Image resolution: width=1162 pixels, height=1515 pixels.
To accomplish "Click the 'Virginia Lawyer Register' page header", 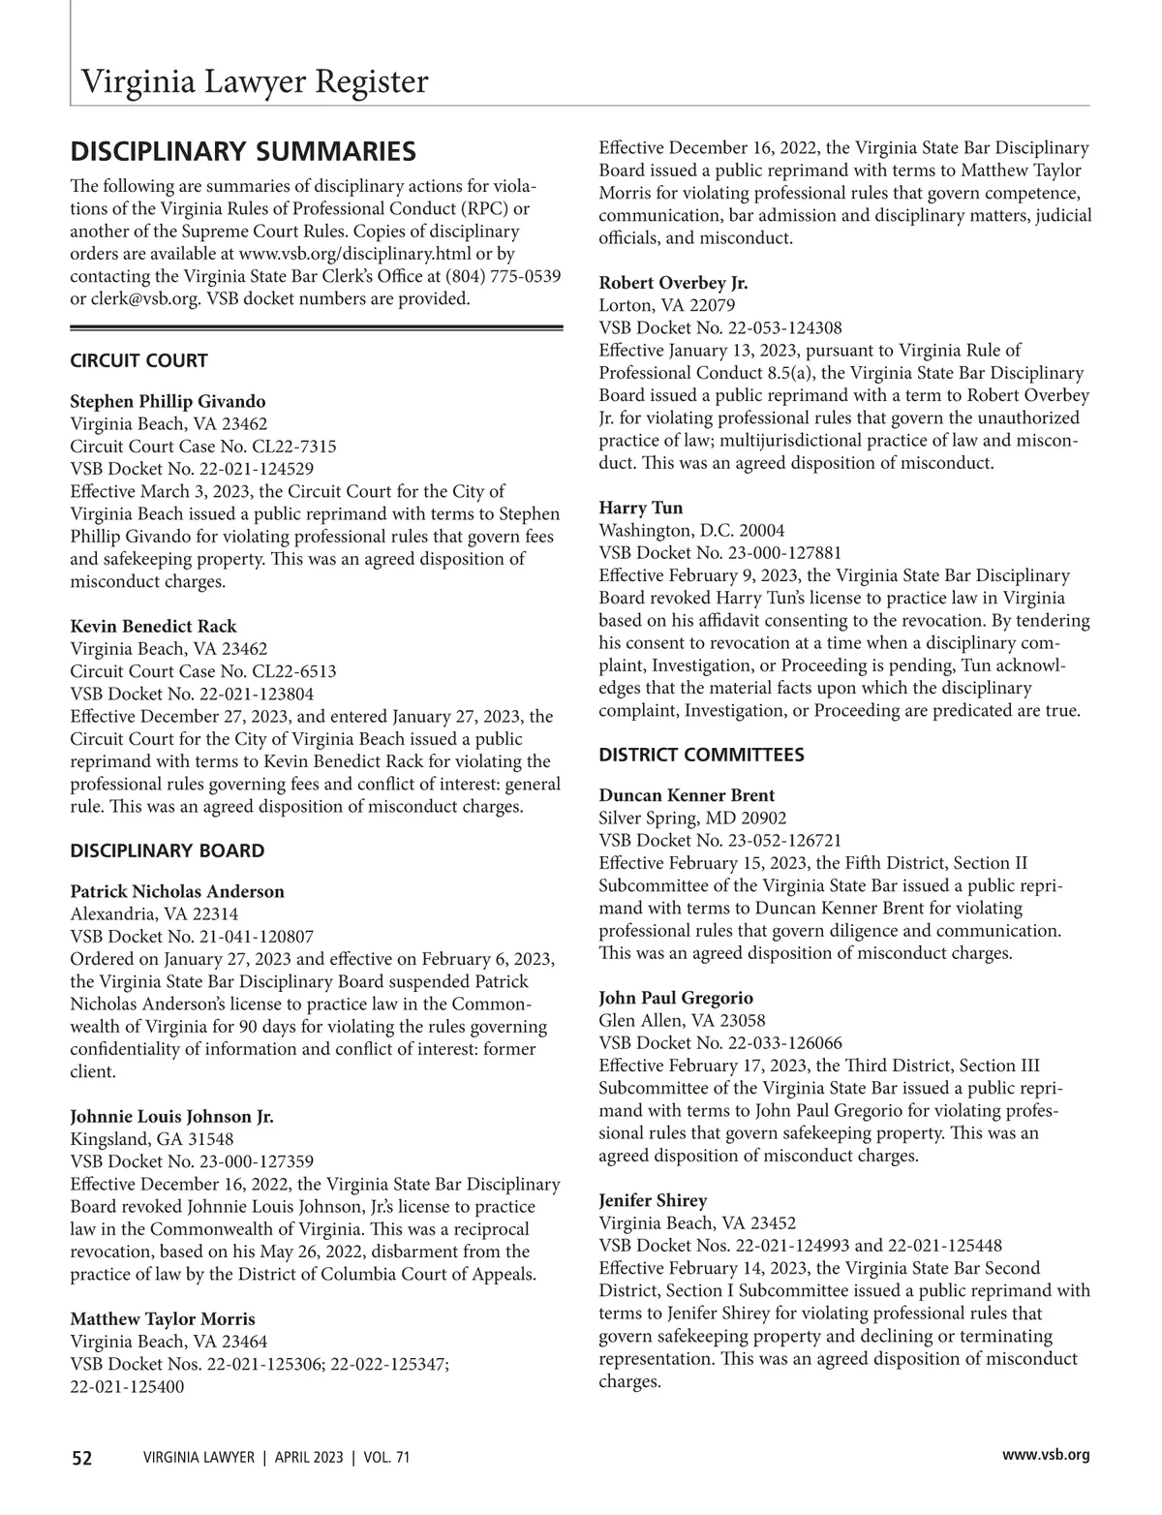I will pos(254,81).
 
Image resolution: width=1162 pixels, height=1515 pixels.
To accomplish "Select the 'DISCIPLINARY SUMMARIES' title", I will pos(243,152).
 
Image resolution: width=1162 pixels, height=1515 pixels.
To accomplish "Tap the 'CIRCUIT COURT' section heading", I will pos(138,361).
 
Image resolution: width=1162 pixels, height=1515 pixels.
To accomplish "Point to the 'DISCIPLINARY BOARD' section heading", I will pos(167,851).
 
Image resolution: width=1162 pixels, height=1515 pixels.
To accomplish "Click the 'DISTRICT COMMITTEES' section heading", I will pos(701,755).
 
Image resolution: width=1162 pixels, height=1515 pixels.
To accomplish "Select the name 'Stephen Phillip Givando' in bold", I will pos(168,401).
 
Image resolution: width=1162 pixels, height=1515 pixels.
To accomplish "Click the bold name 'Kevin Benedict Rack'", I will pos(153,627).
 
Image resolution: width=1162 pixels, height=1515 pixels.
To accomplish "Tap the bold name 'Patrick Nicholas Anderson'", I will pos(177,892).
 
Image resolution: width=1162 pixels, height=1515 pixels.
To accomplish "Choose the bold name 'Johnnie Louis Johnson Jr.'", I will pos(171,1117).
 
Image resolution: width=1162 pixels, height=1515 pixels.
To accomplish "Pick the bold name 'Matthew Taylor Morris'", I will pos(163,1319).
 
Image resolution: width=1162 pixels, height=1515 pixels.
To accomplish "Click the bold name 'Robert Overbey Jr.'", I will pos(673,284).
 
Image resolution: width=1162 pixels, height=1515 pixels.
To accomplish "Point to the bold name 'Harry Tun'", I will pos(641,509).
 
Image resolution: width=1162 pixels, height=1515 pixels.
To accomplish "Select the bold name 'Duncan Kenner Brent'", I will pos(687,796).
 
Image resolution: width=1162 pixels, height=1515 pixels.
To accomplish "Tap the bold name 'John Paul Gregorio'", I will pos(676,999).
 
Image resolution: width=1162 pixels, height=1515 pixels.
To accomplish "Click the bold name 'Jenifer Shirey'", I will pos(653,1201).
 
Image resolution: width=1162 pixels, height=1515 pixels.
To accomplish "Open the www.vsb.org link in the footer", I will pos(1047,1455).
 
